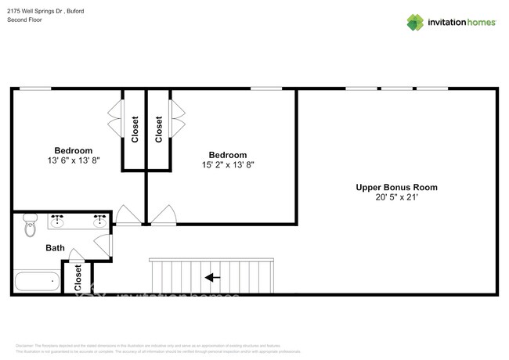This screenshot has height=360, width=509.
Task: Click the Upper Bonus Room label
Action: pos(396,187)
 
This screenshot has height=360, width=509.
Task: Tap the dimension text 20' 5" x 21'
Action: pos(396,198)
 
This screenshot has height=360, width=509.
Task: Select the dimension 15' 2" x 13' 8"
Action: pos(227,165)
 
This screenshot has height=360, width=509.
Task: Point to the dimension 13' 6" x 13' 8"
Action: pos(73,161)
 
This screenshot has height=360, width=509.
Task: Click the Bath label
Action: pos(55,248)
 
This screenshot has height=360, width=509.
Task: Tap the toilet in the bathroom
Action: pos(30,225)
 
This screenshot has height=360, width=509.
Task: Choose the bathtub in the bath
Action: pos(36,280)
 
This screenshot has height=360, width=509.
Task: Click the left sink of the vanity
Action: pos(57,222)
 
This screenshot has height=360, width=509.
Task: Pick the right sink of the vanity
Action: pos(100,222)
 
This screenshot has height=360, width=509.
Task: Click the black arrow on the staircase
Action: pos(212,277)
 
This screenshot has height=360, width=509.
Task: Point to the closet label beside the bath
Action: pos(78,278)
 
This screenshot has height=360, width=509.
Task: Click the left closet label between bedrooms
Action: pos(134,129)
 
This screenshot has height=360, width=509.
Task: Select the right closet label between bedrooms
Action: pos(159,129)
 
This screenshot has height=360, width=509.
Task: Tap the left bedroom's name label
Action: pos(73,151)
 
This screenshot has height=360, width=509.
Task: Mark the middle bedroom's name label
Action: pos(227,155)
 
